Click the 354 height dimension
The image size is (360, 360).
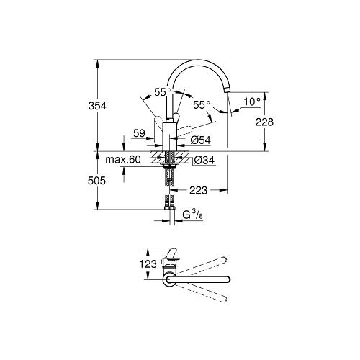(97, 106)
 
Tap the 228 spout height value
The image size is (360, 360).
(264, 122)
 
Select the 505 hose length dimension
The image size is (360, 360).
(96, 181)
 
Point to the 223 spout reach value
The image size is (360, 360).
(198, 190)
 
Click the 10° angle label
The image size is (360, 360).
(252, 102)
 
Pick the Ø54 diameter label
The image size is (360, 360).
(201, 140)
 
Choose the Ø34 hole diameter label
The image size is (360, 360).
(204, 160)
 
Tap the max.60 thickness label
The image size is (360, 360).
(123, 159)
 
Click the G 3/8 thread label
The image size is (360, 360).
(193, 215)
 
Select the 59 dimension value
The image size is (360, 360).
(140, 133)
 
